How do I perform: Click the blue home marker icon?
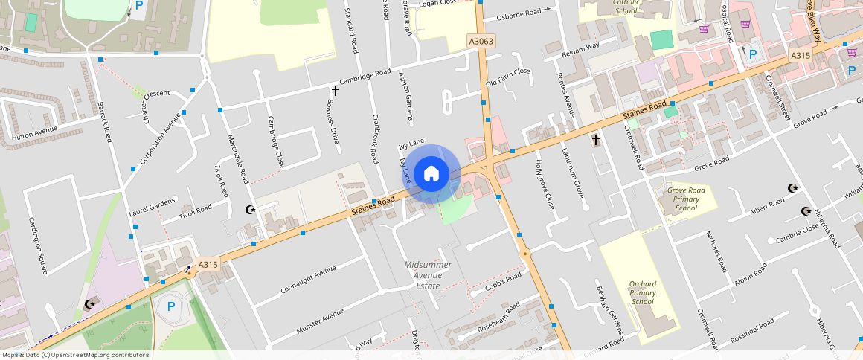[x=431, y=174]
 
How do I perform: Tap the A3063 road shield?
[x=481, y=42]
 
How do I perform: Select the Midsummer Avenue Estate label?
[x=428, y=275]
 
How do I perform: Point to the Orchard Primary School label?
[x=643, y=292]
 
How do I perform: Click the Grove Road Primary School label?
[x=681, y=199]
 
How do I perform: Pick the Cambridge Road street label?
[x=365, y=77]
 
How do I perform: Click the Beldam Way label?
[x=581, y=46]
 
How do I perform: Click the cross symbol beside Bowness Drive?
[x=335, y=91]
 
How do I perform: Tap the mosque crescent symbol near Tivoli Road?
[x=251, y=210]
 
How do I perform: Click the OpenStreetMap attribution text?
[x=75, y=355]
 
